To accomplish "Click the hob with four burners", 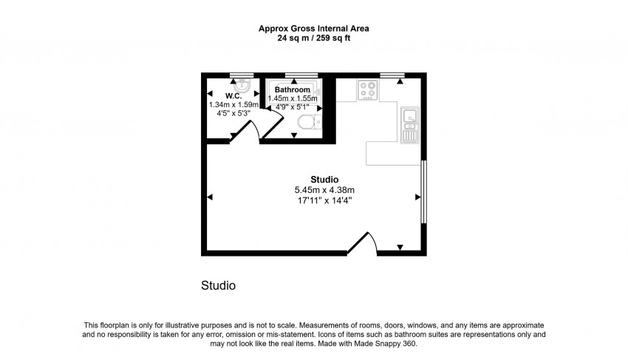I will (367, 89).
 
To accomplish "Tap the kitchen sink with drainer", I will (410, 124).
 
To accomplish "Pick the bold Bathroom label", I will (293, 89).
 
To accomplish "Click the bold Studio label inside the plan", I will (324, 180).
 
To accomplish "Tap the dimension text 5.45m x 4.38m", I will (324, 190).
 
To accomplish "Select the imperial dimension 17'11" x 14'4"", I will (324, 200).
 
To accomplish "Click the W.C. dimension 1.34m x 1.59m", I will (233, 105).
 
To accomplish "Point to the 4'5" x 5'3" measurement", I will (233, 114).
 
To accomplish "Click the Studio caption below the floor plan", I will (218, 285).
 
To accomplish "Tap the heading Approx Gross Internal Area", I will (313, 29).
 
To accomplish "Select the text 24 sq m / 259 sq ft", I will (313, 38).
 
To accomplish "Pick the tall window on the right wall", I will (423, 191).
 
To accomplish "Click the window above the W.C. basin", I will (241, 75).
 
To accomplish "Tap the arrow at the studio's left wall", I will (211, 197).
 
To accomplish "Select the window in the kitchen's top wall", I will (392, 75).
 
